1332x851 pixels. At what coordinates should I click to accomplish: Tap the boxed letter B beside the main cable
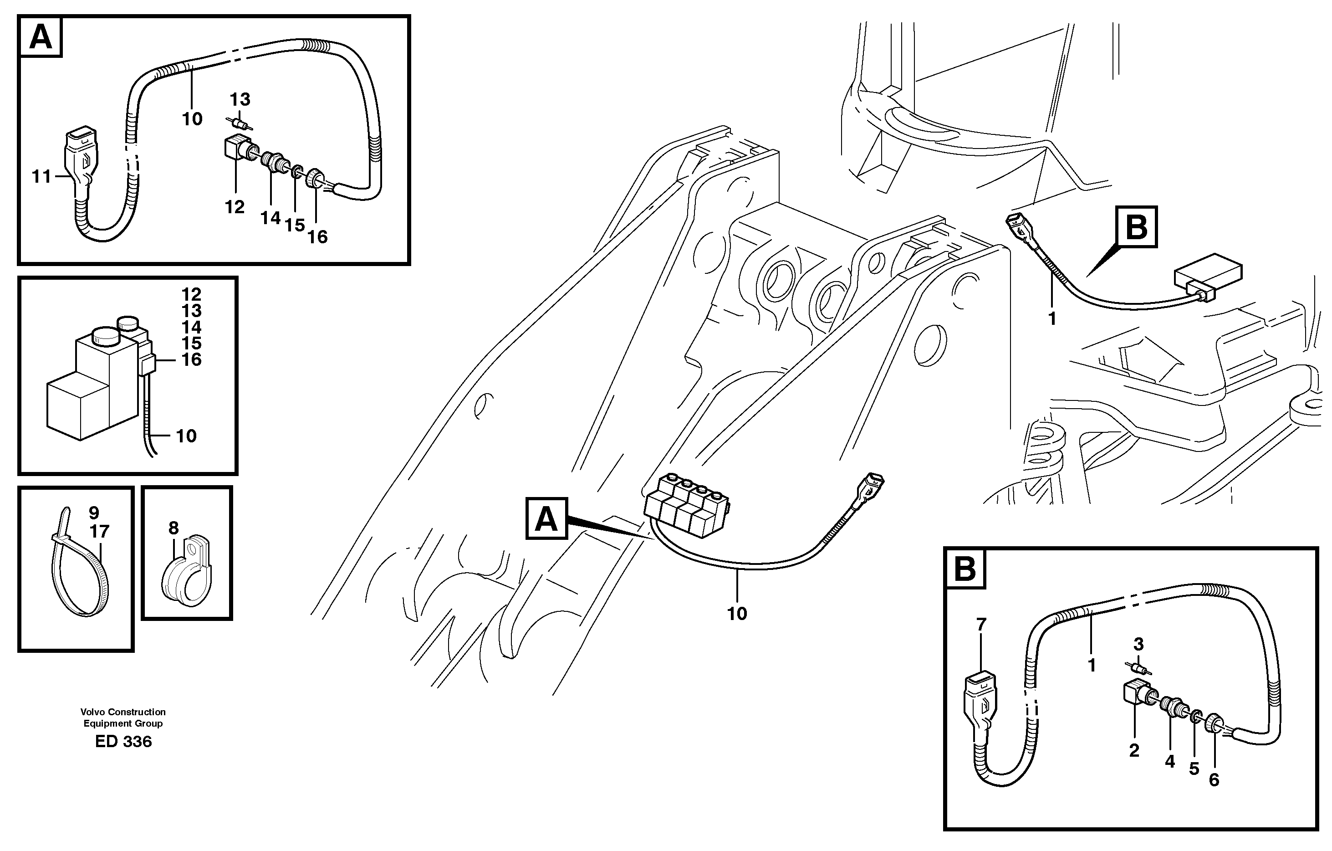1136,227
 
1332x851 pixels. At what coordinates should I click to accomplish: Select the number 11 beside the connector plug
41,177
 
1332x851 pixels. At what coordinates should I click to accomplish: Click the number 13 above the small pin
240,100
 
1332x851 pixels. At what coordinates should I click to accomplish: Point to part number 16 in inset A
317,237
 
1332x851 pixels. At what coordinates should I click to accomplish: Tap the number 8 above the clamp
174,528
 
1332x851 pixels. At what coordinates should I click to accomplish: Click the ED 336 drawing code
123,742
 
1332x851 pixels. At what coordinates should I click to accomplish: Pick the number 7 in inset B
981,625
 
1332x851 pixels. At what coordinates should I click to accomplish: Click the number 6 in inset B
1214,780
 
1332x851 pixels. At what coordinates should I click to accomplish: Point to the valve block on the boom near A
685,506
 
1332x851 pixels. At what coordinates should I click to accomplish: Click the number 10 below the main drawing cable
737,614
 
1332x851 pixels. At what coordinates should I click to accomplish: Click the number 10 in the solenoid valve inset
186,436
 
